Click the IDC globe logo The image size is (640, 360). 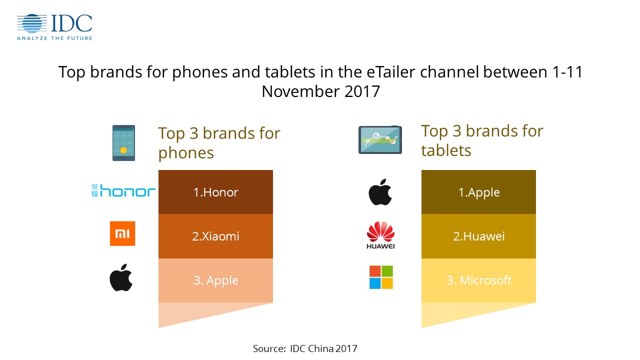tap(32, 23)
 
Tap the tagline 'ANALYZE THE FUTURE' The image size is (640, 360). tap(54, 38)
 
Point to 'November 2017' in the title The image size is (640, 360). tap(320, 91)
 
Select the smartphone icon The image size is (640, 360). tap(123, 143)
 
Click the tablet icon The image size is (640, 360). tap(380, 139)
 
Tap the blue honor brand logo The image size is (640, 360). tap(123, 190)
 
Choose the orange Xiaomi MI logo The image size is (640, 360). tap(122, 233)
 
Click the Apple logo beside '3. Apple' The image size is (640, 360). tap(121, 277)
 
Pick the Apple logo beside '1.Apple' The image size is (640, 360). tap(380, 192)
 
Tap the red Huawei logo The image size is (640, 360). tap(380, 235)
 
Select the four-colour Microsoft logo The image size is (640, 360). tap(381, 277)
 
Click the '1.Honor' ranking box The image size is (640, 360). tap(215, 192)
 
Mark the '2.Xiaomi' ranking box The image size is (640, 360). tap(215, 236)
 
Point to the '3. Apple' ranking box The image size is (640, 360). tap(215, 280)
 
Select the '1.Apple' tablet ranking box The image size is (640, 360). tap(478, 192)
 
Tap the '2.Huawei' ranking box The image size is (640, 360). tap(478, 236)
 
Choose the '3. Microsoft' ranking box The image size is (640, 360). tap(478, 280)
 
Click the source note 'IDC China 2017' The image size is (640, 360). tap(323, 348)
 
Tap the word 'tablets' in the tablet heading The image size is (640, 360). tap(446, 150)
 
